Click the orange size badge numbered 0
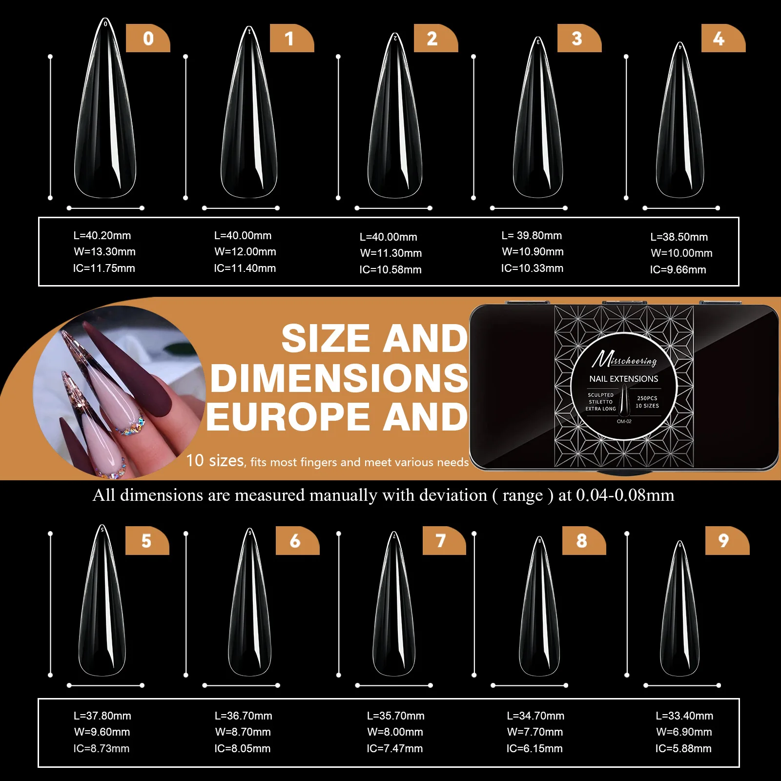point(148,38)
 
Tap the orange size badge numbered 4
point(723,38)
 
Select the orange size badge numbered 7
point(444,540)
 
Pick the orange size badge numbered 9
point(727,540)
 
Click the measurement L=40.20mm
point(102,235)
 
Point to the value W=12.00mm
point(245,251)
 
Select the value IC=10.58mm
point(390,269)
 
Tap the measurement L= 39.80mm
point(532,235)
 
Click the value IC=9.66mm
point(678,269)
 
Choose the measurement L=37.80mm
point(102,716)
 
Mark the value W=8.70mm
point(243,732)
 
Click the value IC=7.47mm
point(394,748)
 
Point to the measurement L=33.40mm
point(684,716)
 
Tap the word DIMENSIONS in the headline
point(339,378)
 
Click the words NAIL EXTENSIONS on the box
point(623,379)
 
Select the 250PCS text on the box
point(647,398)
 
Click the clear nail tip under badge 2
point(394,122)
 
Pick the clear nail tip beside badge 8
point(539,610)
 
